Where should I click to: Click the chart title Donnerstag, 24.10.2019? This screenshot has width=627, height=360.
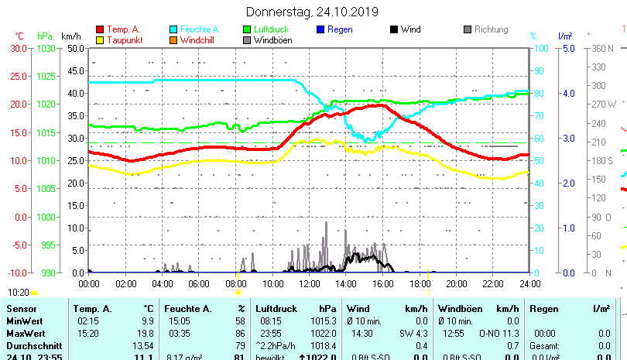(312, 12)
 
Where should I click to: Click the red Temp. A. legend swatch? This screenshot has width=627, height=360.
(100, 29)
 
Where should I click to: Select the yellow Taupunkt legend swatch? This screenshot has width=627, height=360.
(100, 40)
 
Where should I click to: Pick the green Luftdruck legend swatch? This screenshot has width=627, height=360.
(247, 29)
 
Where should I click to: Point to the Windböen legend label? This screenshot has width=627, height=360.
(272, 40)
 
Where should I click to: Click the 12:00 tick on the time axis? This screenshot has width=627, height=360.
(309, 283)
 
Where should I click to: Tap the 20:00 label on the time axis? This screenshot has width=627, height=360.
(456, 283)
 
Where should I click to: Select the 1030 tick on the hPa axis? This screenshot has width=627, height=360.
(46, 48)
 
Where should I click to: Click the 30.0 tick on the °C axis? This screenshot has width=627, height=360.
(19, 48)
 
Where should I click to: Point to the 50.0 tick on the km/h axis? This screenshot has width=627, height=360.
(75, 48)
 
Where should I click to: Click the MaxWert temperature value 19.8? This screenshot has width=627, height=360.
(146, 333)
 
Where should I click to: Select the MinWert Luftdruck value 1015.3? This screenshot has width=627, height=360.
(331, 321)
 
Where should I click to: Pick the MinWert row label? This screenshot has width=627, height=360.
(25, 321)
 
